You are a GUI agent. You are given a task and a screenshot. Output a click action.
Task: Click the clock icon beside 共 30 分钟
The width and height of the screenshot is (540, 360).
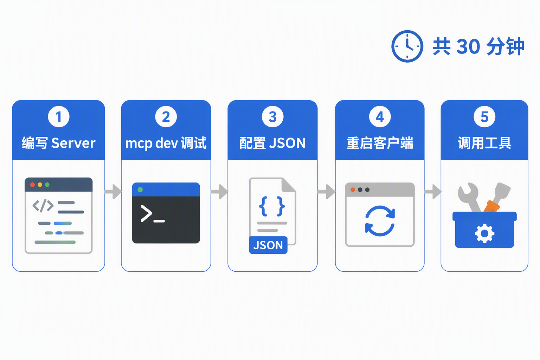tap(407, 46)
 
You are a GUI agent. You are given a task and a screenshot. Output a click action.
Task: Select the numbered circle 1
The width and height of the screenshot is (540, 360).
tap(59, 117)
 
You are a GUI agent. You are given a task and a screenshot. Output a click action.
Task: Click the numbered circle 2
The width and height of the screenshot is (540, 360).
tap(166, 117)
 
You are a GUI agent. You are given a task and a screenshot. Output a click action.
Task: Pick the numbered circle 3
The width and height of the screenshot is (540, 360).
tap(273, 117)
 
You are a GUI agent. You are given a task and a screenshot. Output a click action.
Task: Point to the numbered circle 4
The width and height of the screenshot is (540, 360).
tap(380, 117)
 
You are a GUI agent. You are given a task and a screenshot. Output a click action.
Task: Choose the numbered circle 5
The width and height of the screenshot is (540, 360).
tap(484, 117)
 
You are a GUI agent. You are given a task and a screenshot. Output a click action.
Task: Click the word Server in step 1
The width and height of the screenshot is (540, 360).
tap(73, 143)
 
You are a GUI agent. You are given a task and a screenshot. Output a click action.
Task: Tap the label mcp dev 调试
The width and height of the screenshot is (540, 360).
tap(166, 143)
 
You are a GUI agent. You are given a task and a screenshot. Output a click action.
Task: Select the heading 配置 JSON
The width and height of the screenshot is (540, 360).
tap(273, 143)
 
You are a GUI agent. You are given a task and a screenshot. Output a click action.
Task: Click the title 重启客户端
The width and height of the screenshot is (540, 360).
tap(380, 143)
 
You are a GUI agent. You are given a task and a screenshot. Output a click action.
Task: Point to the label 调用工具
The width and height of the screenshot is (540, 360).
tap(484, 143)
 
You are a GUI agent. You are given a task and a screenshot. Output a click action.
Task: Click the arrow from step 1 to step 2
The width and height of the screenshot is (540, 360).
tap(113, 192)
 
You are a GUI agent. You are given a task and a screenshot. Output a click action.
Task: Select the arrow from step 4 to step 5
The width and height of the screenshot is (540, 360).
tap(433, 192)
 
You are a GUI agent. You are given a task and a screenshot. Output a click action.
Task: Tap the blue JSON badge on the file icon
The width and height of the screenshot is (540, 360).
tap(268, 245)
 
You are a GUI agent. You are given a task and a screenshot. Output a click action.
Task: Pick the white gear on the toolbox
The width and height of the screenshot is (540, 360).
tap(484, 233)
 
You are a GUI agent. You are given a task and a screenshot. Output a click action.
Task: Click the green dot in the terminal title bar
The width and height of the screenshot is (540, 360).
tap(140, 189)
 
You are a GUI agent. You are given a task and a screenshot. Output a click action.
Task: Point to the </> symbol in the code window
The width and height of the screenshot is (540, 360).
tap(43, 206)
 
